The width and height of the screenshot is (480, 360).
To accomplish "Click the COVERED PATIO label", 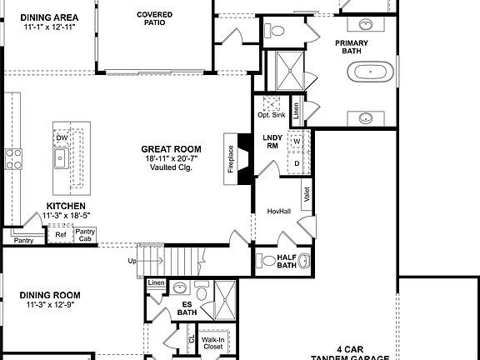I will [155, 18].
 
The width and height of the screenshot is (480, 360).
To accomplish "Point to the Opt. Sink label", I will [271, 115].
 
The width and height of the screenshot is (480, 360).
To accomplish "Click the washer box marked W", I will [296, 141].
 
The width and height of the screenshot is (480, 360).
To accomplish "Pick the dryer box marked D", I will [296, 162].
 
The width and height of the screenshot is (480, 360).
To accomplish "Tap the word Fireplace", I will [231, 158].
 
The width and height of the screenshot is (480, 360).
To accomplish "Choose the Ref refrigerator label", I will [61, 235].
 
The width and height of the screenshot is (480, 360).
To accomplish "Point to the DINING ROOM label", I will [50, 295].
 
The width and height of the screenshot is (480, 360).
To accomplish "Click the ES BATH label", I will [187, 308].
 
